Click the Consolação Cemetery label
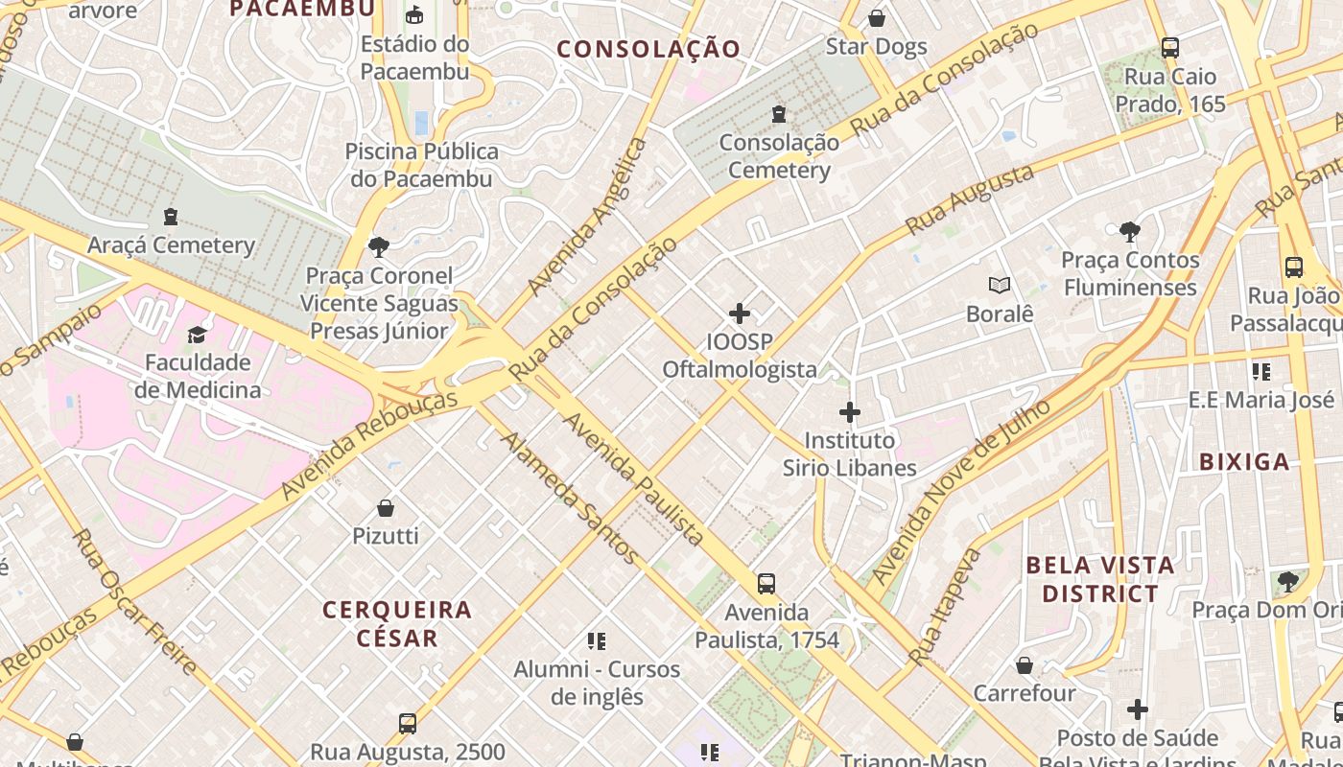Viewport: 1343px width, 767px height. point(778,156)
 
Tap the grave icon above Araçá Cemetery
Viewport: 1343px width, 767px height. point(171,217)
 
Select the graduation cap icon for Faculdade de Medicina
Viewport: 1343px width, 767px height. point(197,335)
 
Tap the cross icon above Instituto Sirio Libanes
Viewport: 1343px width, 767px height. point(849,413)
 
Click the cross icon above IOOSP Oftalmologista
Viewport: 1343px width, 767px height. point(740,314)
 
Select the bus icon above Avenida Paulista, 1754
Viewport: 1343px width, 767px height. point(766,584)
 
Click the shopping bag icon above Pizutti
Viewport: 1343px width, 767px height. point(386,508)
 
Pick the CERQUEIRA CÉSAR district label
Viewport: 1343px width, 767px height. point(397,623)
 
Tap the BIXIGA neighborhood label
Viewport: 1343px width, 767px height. point(1244,462)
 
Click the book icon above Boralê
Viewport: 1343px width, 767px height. point(1000,285)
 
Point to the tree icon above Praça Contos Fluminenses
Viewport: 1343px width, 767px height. point(1130,231)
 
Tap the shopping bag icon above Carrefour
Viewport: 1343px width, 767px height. point(1025,665)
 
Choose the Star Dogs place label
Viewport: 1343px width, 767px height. point(876,47)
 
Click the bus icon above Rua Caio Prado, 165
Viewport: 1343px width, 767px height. point(1169,47)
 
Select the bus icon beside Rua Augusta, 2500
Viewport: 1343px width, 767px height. point(408,724)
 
